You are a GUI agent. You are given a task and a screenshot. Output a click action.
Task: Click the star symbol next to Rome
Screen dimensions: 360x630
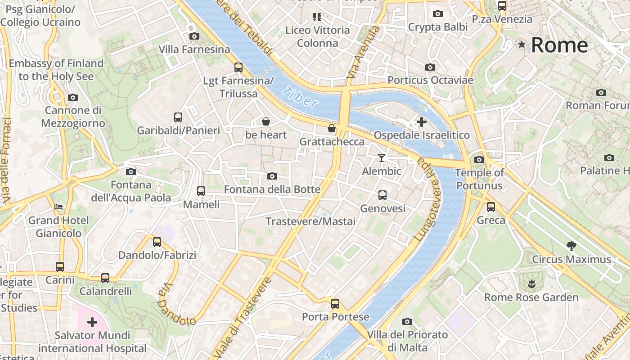point(522,45)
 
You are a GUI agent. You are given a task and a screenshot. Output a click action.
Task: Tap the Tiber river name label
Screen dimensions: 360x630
point(300,98)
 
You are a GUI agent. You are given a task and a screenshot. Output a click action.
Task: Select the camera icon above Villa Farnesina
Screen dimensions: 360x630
point(194,36)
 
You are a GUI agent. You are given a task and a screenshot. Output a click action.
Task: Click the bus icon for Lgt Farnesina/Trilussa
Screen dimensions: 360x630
point(238,67)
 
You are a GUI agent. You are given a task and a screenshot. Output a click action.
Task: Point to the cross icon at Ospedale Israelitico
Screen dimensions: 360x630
point(422,122)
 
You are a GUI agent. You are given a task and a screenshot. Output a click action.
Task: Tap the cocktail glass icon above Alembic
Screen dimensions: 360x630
point(382,157)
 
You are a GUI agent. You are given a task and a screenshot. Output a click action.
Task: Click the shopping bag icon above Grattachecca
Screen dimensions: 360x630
point(332,129)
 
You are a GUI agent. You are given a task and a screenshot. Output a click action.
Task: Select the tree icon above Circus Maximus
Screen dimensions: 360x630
point(571,246)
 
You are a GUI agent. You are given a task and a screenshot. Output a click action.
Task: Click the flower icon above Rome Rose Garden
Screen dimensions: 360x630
point(531,284)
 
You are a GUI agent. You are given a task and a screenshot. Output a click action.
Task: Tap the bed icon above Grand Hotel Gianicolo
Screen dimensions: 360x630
point(58,207)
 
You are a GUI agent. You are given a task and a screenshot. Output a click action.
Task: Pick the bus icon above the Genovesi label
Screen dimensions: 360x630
point(382,195)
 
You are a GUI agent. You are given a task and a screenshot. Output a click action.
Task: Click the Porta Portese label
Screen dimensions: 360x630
point(335,317)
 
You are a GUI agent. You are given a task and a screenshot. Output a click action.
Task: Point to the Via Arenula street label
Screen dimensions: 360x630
point(363,52)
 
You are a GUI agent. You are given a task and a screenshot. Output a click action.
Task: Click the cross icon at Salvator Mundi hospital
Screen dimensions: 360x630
point(92,322)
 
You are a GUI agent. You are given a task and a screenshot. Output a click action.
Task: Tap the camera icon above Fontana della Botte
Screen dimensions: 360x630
point(272,176)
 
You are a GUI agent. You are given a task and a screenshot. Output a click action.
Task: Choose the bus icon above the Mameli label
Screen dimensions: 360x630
point(201,191)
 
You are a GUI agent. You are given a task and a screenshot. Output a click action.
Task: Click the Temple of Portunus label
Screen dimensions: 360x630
point(479,179)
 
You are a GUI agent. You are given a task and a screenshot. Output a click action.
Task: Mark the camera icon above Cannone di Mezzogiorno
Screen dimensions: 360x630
point(72,97)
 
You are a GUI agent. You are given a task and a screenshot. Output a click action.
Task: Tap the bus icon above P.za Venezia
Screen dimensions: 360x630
point(502,6)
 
